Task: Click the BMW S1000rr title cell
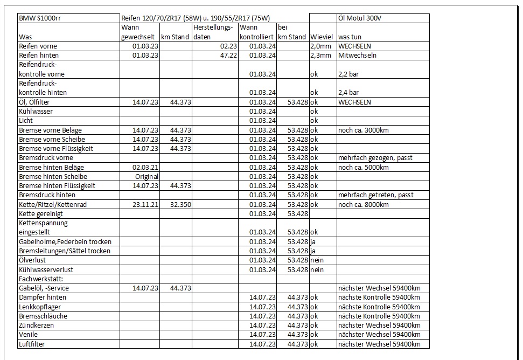[x=39, y=18]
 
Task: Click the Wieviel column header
[x=323, y=37]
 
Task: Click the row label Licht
[x=26, y=121]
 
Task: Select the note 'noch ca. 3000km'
[x=364, y=130]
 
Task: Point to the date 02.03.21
[x=145, y=167]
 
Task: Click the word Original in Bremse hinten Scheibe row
[x=147, y=176]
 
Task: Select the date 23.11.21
[x=145, y=204]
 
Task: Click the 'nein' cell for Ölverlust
[x=318, y=260]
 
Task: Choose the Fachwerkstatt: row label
[x=41, y=279]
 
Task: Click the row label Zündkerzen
[x=36, y=326]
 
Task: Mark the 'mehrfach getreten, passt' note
[x=376, y=195]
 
